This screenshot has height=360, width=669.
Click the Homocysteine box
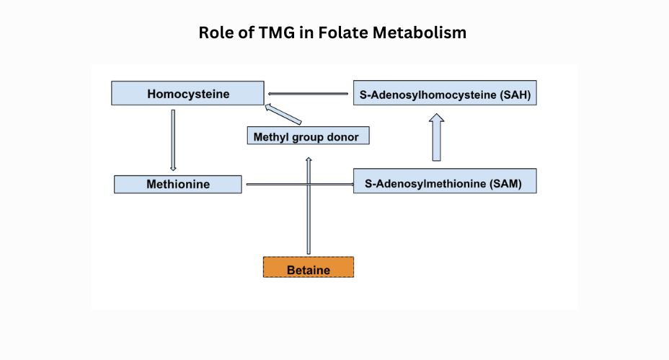[x=187, y=94]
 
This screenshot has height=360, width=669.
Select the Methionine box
[x=178, y=184]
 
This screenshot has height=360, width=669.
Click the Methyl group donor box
[x=306, y=136]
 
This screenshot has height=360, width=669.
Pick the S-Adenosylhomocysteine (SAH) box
[x=445, y=94]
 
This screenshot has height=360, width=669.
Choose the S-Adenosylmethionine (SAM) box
[x=445, y=184]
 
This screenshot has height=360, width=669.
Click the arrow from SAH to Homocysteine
[x=309, y=94]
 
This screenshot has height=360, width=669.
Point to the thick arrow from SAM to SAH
[x=437, y=137]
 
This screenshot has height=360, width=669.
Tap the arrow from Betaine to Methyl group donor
[x=309, y=206]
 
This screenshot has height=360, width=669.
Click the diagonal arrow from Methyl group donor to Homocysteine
[x=283, y=115]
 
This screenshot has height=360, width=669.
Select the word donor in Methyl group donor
[x=342, y=136]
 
